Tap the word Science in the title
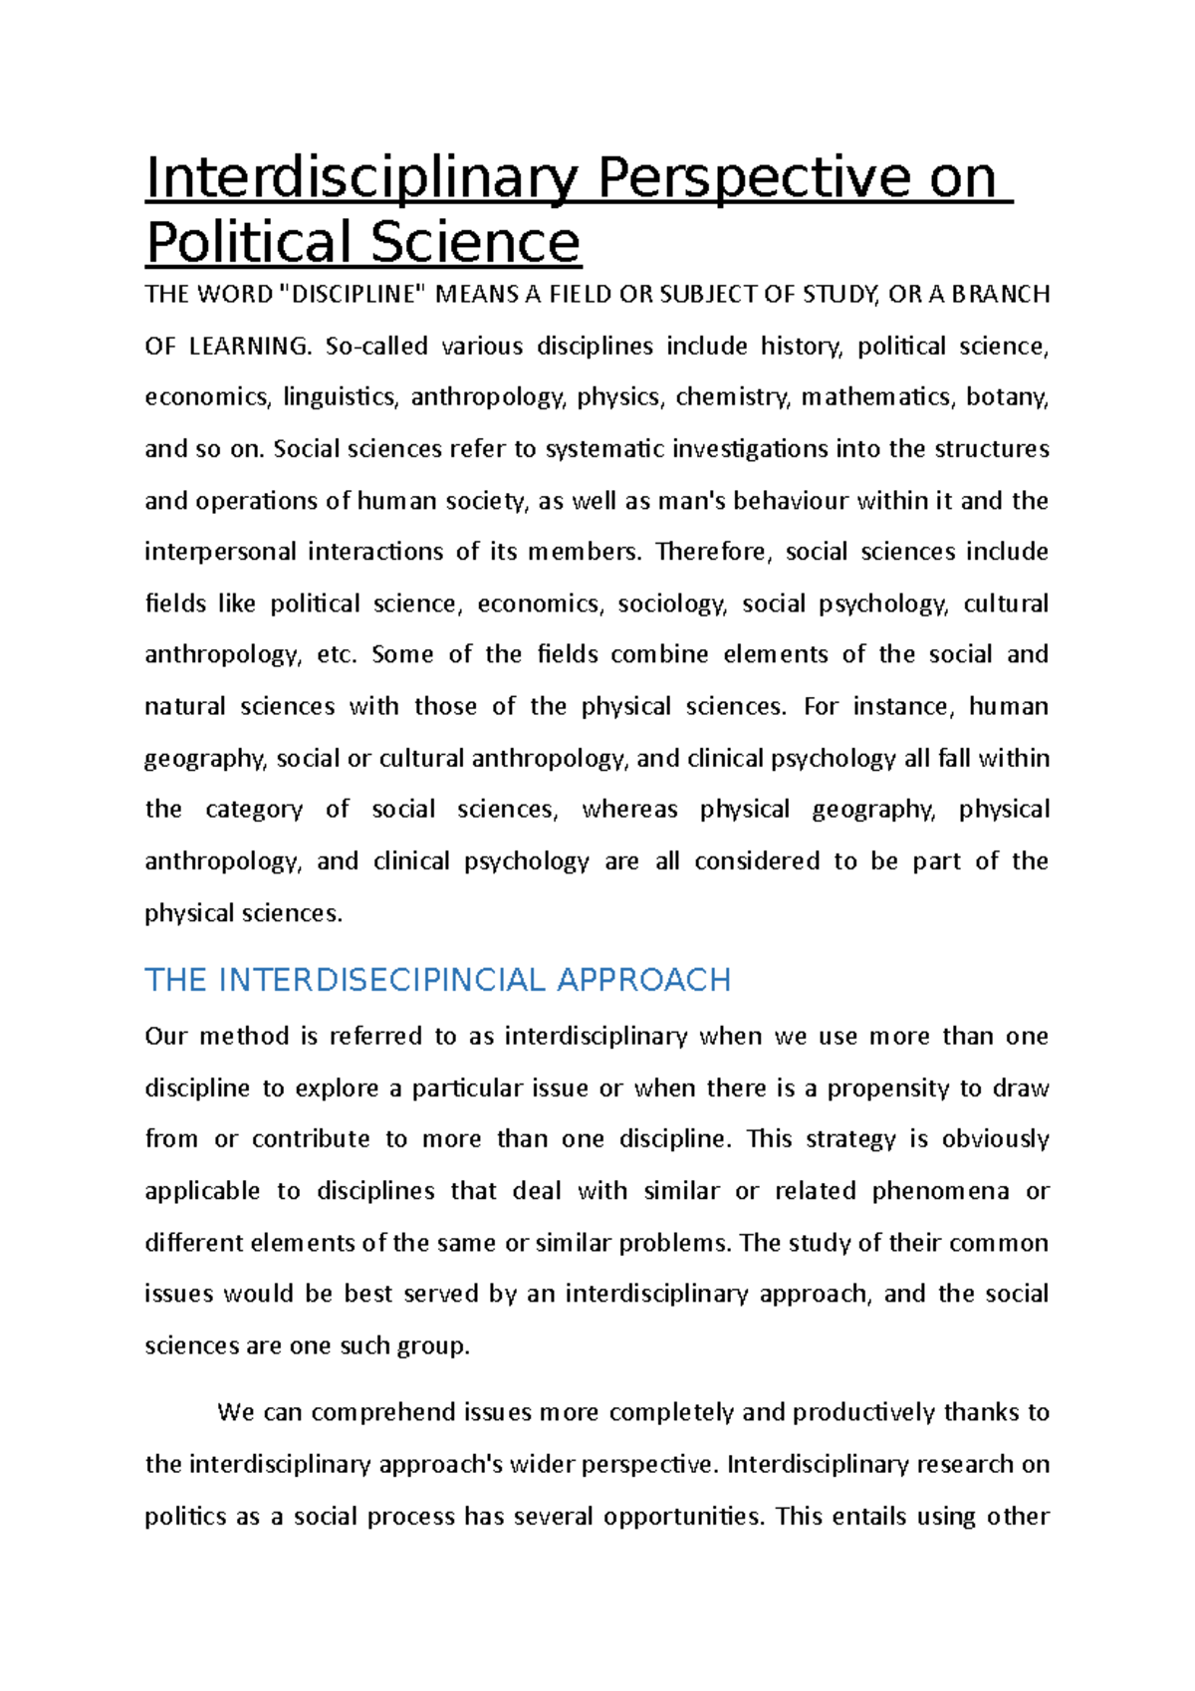point(475,242)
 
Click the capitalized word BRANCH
point(1001,295)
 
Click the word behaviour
point(794,500)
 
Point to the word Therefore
point(713,552)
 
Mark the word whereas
point(629,810)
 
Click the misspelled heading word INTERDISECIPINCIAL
point(381,980)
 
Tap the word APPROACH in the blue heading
point(643,980)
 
